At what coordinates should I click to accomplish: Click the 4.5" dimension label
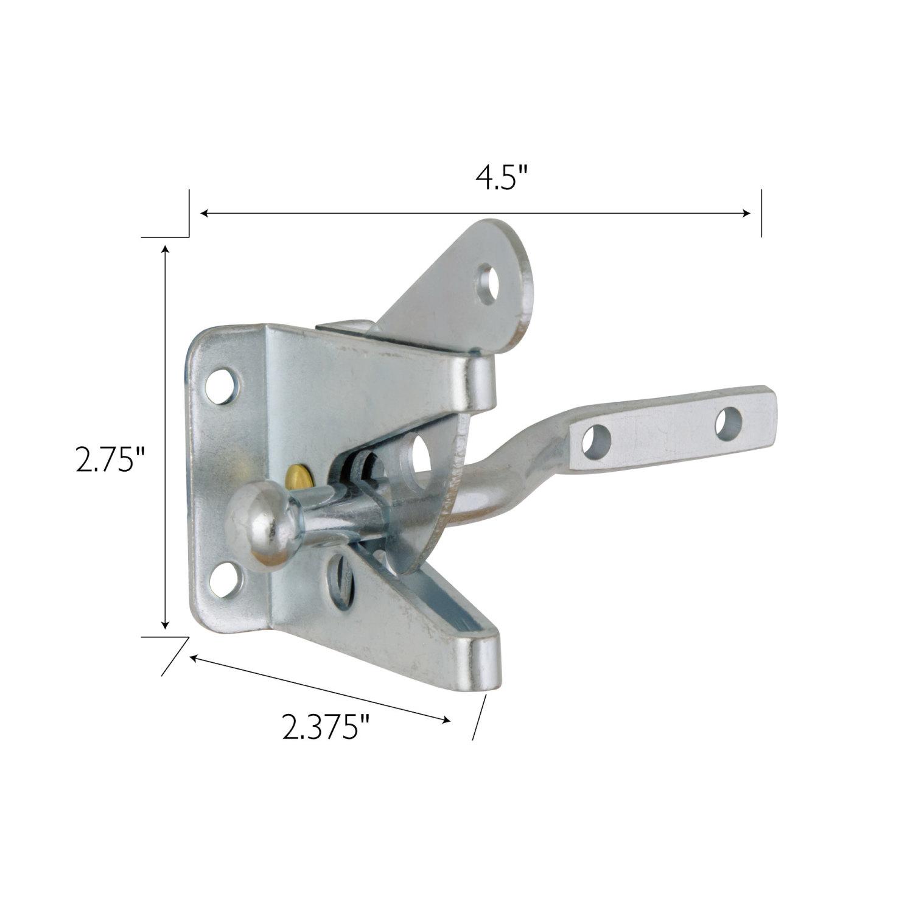pyautogui.click(x=500, y=178)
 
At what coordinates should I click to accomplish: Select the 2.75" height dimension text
pyautogui.click(x=110, y=460)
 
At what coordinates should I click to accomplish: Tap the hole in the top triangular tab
pyautogui.click(x=488, y=284)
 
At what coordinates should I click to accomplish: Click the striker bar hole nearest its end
pyautogui.click(x=728, y=423)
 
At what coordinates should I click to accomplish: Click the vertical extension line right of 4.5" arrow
pyautogui.click(x=761, y=213)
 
